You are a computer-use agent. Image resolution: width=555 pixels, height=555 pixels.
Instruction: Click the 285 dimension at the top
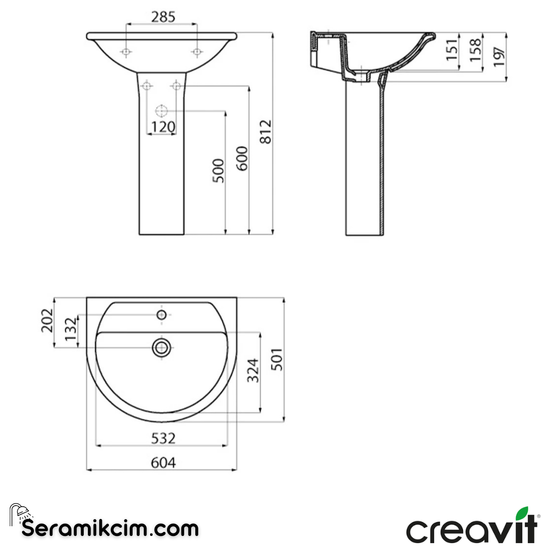pyautogui.click(x=163, y=17)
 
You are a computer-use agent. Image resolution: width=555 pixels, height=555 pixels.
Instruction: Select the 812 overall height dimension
pyautogui.click(x=265, y=132)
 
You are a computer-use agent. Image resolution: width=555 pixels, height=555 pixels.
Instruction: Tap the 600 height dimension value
pyautogui.click(x=242, y=158)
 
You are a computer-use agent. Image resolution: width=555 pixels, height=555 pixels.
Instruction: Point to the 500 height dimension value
pyautogui.click(x=218, y=171)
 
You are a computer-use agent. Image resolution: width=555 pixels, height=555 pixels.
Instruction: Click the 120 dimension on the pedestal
pyautogui.click(x=163, y=126)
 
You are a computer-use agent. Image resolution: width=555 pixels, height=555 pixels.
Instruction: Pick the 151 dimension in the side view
pyautogui.click(x=452, y=49)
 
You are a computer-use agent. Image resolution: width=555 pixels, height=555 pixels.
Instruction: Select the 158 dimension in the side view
pyautogui.click(x=475, y=49)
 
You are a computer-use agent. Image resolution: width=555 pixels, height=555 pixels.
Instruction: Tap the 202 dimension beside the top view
pyautogui.click(x=47, y=321)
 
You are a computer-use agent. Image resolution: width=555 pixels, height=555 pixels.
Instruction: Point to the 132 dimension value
pyautogui.click(x=71, y=330)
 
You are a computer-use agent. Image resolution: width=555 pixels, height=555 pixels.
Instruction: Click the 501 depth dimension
pyautogui.click(x=277, y=360)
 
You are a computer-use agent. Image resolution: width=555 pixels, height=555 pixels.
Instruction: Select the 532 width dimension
pyautogui.click(x=163, y=438)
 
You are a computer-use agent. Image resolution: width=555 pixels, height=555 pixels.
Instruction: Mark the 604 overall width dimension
pyautogui.click(x=163, y=462)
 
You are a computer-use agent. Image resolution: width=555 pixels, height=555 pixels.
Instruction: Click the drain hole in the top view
pyautogui.click(x=161, y=348)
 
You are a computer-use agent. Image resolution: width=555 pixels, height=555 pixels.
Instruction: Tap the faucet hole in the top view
pyautogui.click(x=161, y=315)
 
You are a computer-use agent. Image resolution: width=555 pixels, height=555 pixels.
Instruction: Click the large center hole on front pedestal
pyautogui.click(x=161, y=110)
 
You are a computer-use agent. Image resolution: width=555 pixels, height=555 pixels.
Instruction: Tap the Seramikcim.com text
pyautogui.click(x=110, y=528)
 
